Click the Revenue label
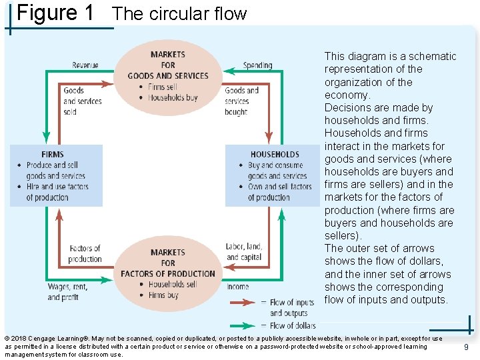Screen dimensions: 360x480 tap(85, 65)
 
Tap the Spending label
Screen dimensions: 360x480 tap(258, 65)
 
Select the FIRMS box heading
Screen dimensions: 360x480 tap(53, 155)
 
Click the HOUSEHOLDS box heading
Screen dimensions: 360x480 tap(275, 155)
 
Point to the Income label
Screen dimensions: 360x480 tap(238, 287)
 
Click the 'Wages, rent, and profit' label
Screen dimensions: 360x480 tap(67, 292)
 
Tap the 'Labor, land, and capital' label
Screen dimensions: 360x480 tap(245, 252)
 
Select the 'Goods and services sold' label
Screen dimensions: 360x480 tap(82, 101)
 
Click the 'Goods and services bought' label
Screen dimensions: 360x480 tap(241, 101)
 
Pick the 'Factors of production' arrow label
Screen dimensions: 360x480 tap(85, 254)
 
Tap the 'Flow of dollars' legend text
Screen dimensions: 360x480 tap(293, 325)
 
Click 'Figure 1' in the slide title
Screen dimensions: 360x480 tap(55, 13)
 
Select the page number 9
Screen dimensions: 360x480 tap(466, 347)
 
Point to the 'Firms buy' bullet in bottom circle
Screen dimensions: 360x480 tap(163, 295)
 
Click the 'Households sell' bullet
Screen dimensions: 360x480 tap(172, 284)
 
